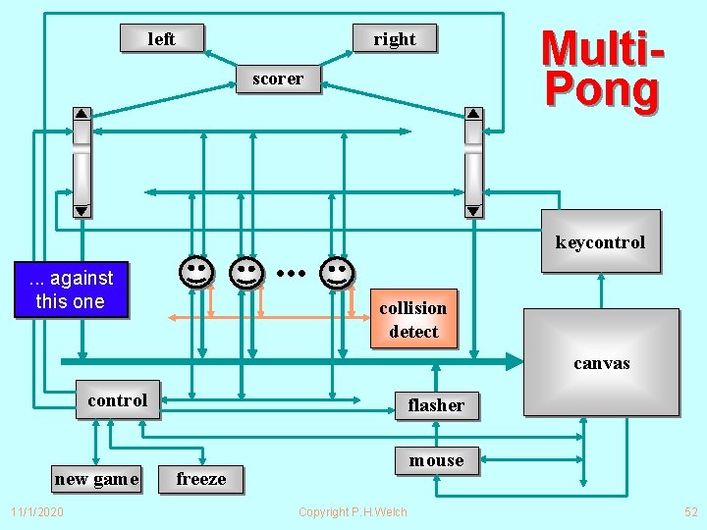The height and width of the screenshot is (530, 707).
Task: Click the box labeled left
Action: coord(162,39)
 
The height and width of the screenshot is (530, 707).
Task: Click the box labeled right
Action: coord(394,39)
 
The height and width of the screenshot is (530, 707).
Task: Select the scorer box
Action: coord(278,79)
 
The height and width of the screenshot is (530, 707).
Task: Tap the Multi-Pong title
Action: coord(601,69)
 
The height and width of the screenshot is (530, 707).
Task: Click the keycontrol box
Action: coord(600,241)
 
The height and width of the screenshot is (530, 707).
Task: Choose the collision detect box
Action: coord(413,320)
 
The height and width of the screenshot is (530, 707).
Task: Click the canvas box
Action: coord(601,361)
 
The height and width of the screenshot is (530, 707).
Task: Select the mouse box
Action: coord(436,460)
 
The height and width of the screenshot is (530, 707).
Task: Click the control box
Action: coord(118,400)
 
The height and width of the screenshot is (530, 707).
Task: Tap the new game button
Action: coord(96,479)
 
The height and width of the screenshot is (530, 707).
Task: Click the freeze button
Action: coord(201,479)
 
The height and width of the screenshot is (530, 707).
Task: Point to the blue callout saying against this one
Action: coord(71,291)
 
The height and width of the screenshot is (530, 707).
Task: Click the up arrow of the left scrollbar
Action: coord(82,113)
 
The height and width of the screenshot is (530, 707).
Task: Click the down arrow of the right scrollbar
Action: coord(473,210)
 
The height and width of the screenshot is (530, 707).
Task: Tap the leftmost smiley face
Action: coord(196,271)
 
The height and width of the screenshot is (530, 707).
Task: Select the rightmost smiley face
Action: coord(337,272)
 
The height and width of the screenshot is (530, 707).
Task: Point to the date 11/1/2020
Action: coord(37,512)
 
